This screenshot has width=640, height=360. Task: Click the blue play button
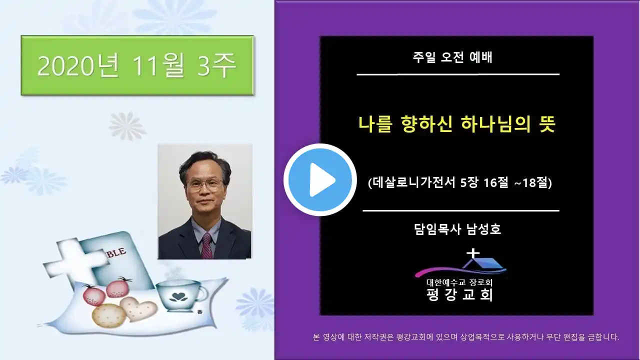point(320,180)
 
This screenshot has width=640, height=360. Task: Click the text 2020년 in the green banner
point(78,66)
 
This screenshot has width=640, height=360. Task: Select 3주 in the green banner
point(217,66)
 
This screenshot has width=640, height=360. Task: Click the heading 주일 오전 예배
point(452,57)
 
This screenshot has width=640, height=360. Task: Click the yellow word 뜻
point(547,124)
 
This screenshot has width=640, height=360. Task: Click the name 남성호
point(483,229)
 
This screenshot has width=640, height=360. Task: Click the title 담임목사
point(437,229)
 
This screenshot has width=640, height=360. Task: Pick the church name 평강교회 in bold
point(459,294)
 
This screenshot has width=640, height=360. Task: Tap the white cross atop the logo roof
point(473,254)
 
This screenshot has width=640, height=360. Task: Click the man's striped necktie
point(207,245)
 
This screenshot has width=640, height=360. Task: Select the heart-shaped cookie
point(138,309)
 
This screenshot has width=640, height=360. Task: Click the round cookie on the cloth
point(109,315)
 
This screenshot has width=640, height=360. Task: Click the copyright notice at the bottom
point(466,337)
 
